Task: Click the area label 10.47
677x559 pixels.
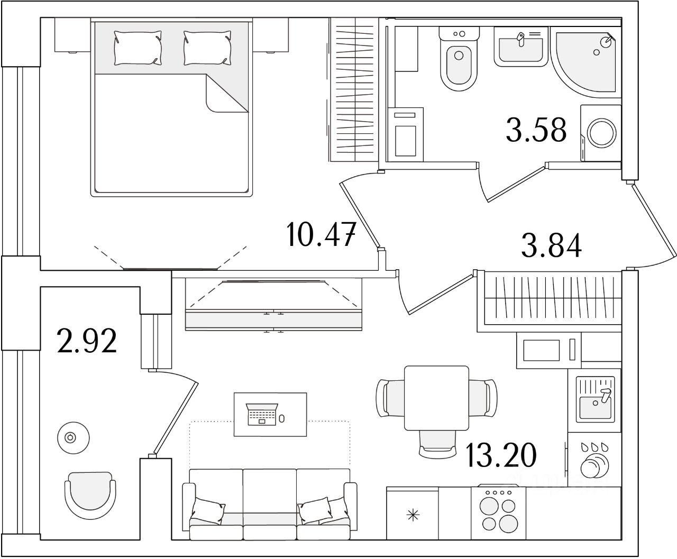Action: (320, 235)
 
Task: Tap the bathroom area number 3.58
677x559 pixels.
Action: (536, 130)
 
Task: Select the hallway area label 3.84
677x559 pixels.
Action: (551, 245)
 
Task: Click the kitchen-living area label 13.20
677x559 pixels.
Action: (501, 455)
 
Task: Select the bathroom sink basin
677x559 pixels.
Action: (521, 49)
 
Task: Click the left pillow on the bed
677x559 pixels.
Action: (138, 48)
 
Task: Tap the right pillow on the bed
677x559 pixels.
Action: (207, 48)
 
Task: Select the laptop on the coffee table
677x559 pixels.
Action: (262, 414)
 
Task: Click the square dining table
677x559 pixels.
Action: (436, 398)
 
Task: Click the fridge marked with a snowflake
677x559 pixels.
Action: (412, 514)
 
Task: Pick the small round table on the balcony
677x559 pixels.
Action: (69, 437)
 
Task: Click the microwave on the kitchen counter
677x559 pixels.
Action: (549, 350)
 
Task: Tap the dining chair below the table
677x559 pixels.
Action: (436, 444)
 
